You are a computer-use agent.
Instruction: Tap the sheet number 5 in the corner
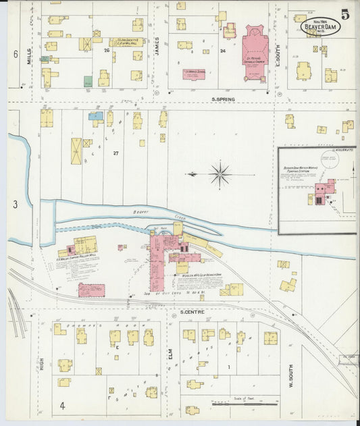[x=345, y=14]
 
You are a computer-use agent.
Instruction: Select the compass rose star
[x=220, y=174]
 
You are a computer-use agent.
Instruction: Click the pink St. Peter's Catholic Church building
[x=255, y=49]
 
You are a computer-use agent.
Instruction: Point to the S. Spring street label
[x=222, y=100]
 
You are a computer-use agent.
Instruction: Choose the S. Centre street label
[x=192, y=312]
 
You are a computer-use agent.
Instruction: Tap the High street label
[x=41, y=365]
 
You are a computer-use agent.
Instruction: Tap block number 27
[x=115, y=153]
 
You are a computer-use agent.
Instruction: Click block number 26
[x=106, y=50]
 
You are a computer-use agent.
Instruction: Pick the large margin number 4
[x=62, y=406]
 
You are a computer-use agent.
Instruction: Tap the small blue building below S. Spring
[x=95, y=116]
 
